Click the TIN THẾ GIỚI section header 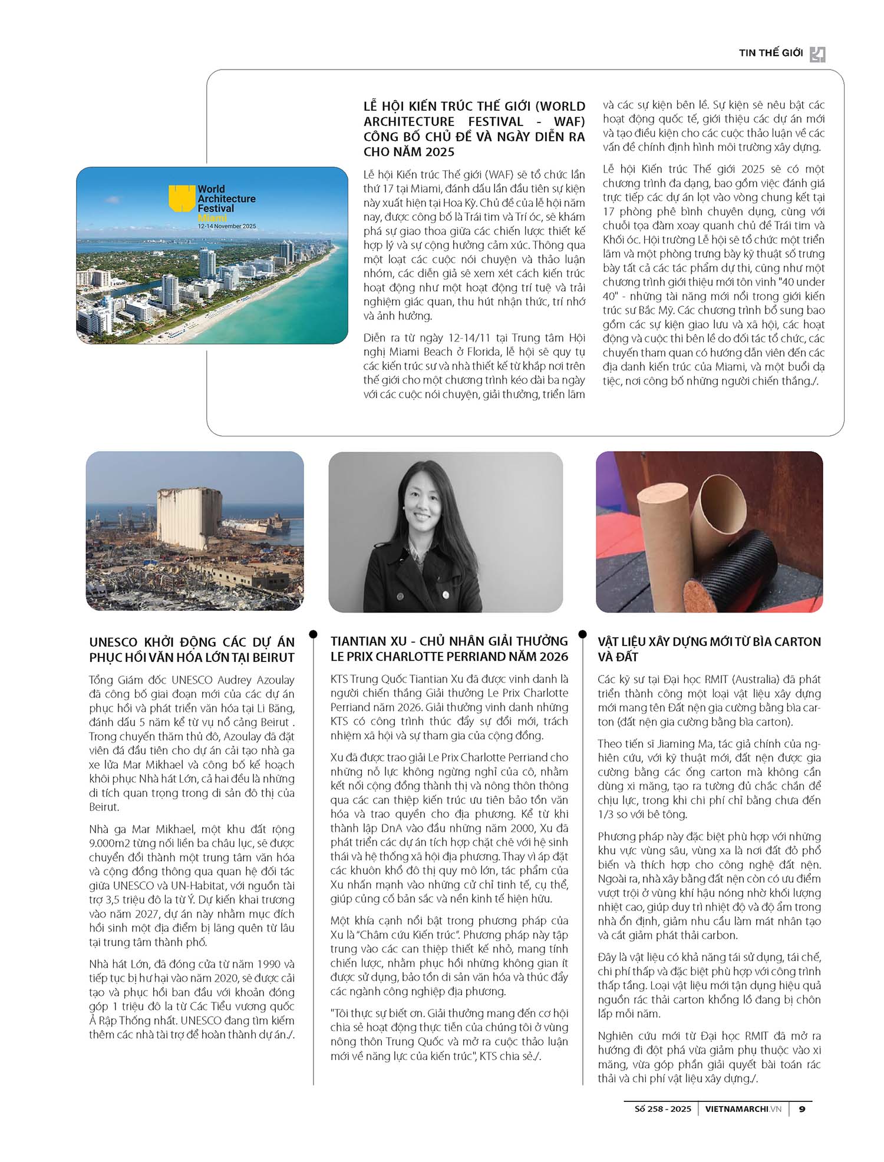tap(770, 53)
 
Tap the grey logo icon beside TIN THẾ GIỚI tap(817, 54)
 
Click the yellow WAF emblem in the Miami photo tap(182, 198)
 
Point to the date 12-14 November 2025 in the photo tap(227, 226)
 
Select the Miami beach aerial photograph tap(212, 277)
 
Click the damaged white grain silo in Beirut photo tap(187, 518)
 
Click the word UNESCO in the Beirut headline tap(114, 643)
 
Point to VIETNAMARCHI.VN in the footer tap(743, 1109)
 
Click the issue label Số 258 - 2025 tap(662, 1109)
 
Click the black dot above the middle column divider tap(313, 634)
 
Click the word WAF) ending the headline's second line tap(569, 121)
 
